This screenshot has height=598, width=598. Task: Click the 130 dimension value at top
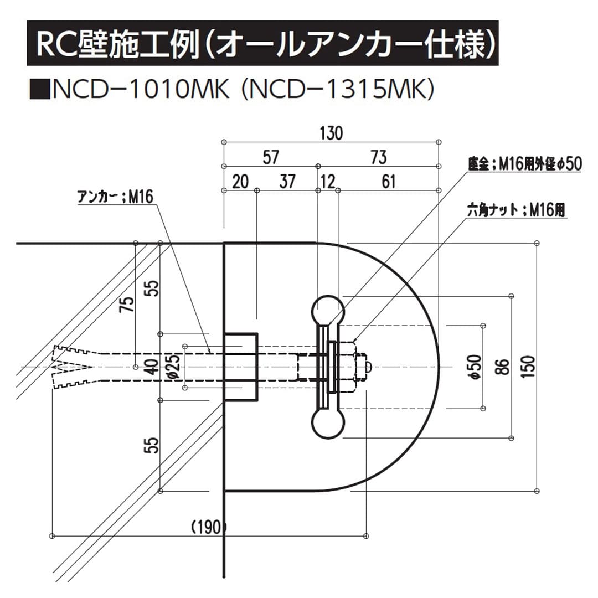331,133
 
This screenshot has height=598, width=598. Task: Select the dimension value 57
270,157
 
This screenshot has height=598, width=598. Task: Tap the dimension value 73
378,157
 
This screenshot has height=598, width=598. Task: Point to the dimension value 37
287,182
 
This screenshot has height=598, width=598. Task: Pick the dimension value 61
389,182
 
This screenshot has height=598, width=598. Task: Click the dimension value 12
328,182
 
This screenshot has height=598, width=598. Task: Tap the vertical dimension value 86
502,367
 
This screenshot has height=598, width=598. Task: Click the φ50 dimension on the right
475,367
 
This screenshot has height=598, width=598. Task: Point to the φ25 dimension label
174,367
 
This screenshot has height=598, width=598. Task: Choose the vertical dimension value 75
127,305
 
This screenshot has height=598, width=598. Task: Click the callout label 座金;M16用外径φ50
524,164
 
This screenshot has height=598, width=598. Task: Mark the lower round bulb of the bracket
328,424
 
